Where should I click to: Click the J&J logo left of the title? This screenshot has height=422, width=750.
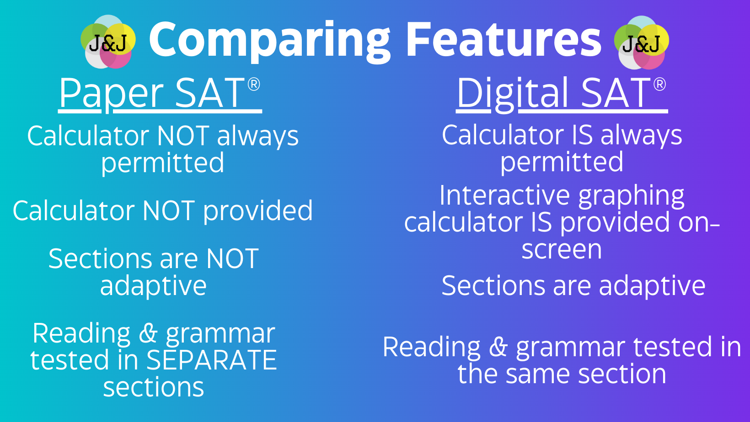click(108, 42)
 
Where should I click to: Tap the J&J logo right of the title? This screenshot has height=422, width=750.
click(641, 42)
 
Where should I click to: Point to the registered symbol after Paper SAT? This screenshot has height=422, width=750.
click(254, 84)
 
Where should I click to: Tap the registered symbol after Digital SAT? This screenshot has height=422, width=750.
click(659, 84)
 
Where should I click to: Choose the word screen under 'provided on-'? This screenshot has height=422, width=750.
click(562, 249)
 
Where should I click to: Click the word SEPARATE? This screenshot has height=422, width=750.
click(212, 360)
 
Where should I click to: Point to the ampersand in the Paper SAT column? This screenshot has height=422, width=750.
click(148, 333)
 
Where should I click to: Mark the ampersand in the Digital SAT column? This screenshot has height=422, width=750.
click(498, 347)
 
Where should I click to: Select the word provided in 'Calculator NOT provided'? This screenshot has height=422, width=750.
click(258, 211)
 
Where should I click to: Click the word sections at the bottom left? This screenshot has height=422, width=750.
click(154, 387)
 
